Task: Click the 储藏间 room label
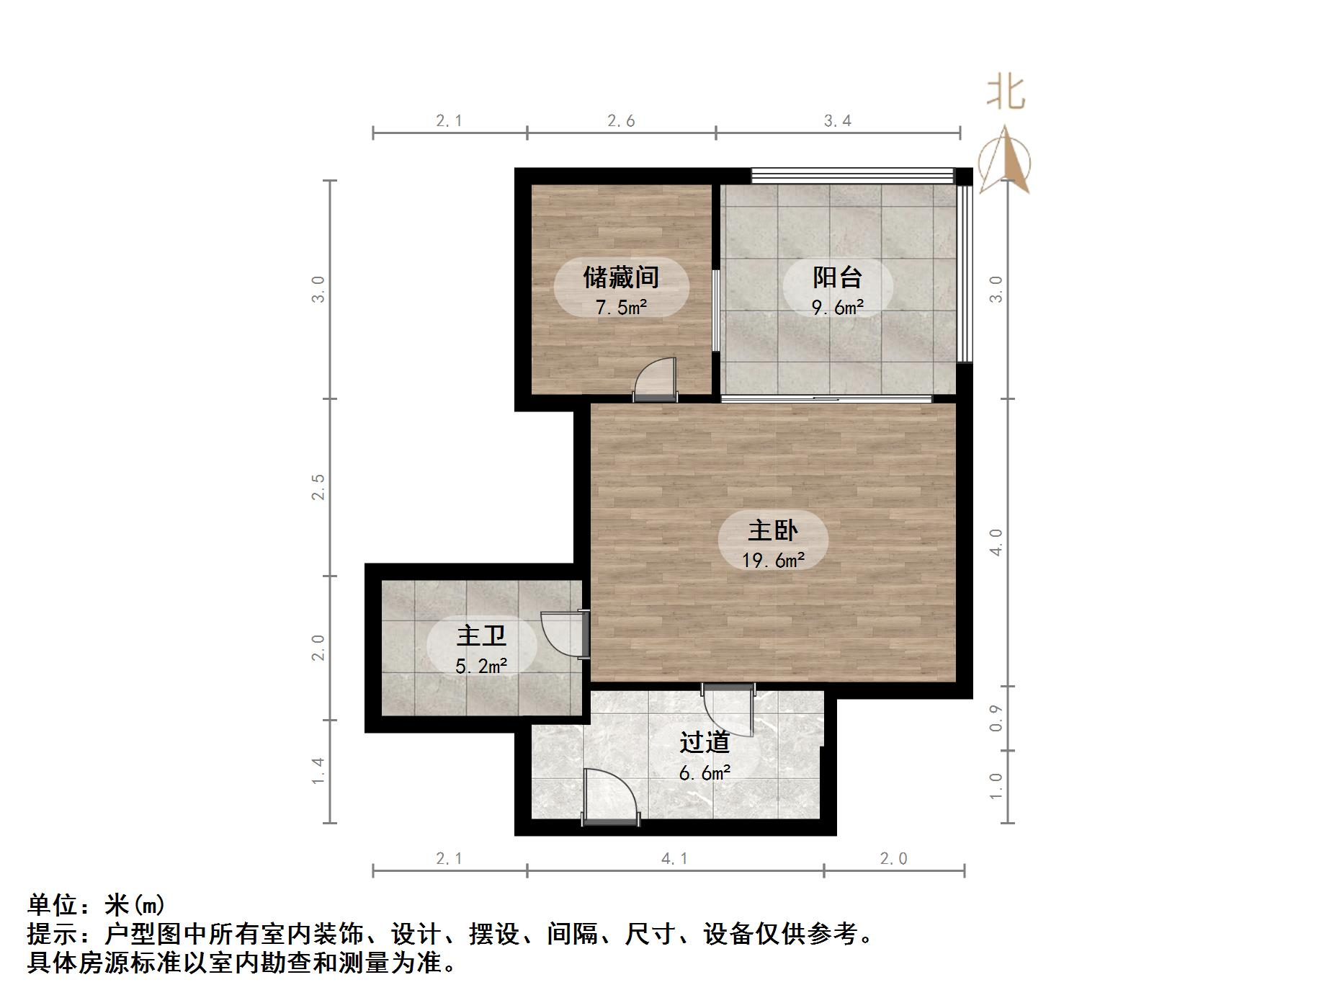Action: pyautogui.click(x=621, y=277)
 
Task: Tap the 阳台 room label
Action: pyautogui.click(x=837, y=277)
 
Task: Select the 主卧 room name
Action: pyautogui.click(x=773, y=531)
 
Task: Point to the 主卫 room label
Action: pyautogui.click(x=481, y=636)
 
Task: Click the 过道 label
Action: pyautogui.click(x=705, y=742)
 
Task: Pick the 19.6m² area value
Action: pyautogui.click(x=773, y=560)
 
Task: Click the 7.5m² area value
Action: pyautogui.click(x=621, y=308)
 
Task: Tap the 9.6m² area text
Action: pyautogui.click(x=837, y=308)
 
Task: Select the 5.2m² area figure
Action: pyautogui.click(x=481, y=666)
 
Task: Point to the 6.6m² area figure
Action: pyautogui.click(x=705, y=773)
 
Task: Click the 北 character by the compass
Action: pyautogui.click(x=1006, y=93)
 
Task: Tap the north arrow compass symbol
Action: pyautogui.click(x=1005, y=161)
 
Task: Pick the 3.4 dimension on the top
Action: pyautogui.click(x=837, y=120)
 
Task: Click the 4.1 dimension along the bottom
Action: pyautogui.click(x=674, y=858)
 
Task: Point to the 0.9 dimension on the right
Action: pyautogui.click(x=996, y=718)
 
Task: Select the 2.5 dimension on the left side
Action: pyautogui.click(x=318, y=487)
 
